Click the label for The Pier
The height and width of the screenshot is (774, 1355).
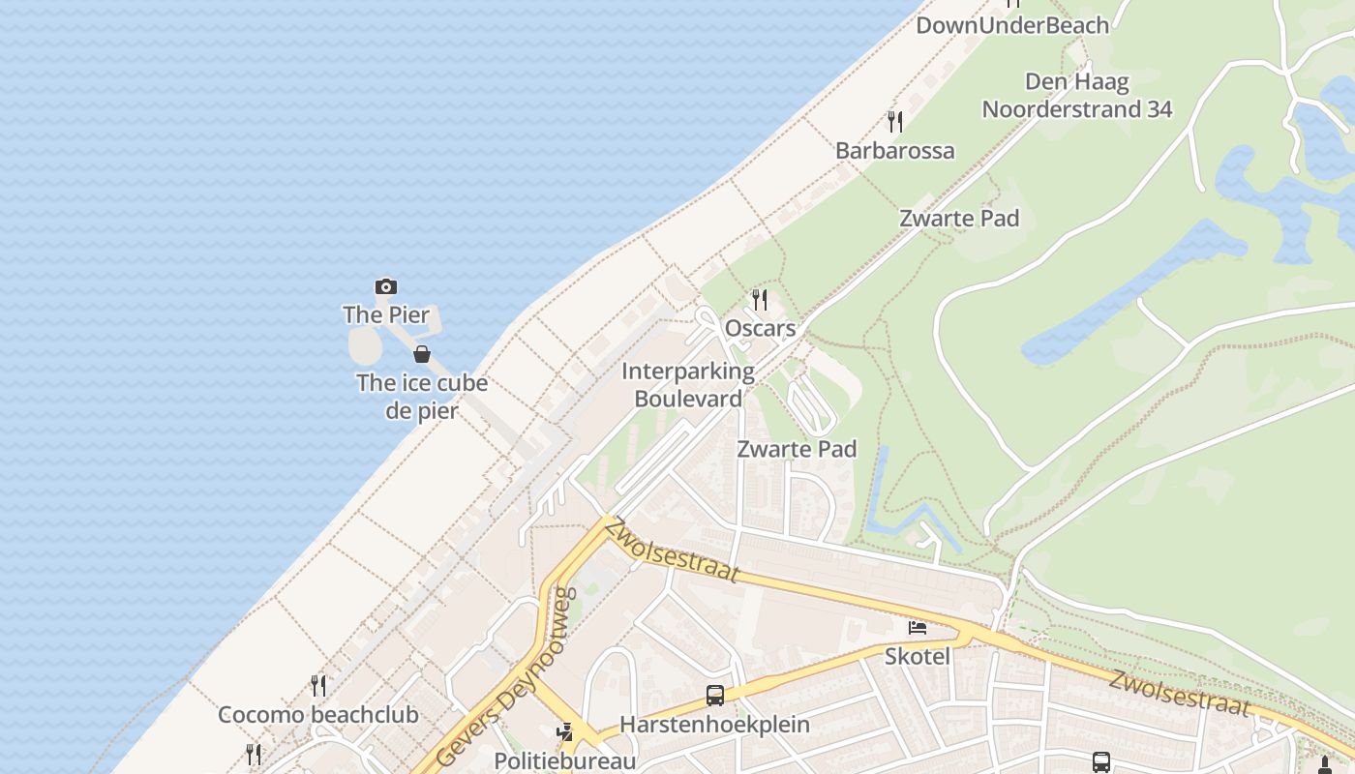pyautogui.click(x=386, y=314)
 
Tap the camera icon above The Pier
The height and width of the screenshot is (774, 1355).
pyautogui.click(x=386, y=286)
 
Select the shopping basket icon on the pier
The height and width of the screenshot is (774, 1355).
pyautogui.click(x=422, y=354)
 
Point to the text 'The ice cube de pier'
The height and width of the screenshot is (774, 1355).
pyautogui.click(x=422, y=396)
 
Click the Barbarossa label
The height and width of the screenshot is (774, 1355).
pyautogui.click(x=894, y=151)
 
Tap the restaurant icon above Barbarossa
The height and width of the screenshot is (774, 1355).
pyautogui.click(x=895, y=121)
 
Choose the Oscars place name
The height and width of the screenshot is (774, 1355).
pyautogui.click(x=760, y=329)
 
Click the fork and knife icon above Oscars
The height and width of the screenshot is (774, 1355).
pyautogui.click(x=760, y=300)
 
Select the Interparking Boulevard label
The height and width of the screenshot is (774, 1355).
pyautogui.click(x=688, y=385)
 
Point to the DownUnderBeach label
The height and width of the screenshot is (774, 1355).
pyautogui.click(x=1011, y=26)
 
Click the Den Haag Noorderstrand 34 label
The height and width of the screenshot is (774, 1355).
pyautogui.click(x=1077, y=96)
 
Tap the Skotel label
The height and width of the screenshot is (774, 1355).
pyautogui.click(x=917, y=657)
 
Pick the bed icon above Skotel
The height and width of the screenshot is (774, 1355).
pyautogui.click(x=918, y=628)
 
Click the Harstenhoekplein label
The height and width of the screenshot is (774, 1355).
pyautogui.click(x=714, y=725)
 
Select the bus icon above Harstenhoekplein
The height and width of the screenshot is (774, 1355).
pyautogui.click(x=715, y=695)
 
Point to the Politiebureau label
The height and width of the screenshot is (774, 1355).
pyautogui.click(x=565, y=761)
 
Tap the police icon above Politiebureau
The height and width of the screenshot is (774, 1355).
pyautogui.click(x=565, y=732)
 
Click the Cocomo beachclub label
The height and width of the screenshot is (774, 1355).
pyautogui.click(x=317, y=715)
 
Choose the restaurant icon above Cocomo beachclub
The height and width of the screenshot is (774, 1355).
pyautogui.click(x=318, y=686)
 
